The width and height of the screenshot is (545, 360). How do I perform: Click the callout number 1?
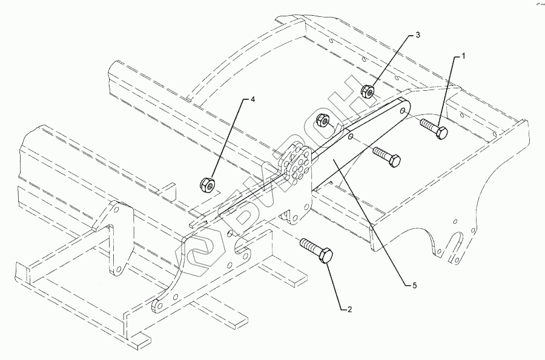(x=463, y=56)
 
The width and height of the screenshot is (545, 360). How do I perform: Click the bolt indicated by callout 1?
(x=433, y=129)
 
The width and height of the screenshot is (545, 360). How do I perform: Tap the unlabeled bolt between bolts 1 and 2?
(x=387, y=156)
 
